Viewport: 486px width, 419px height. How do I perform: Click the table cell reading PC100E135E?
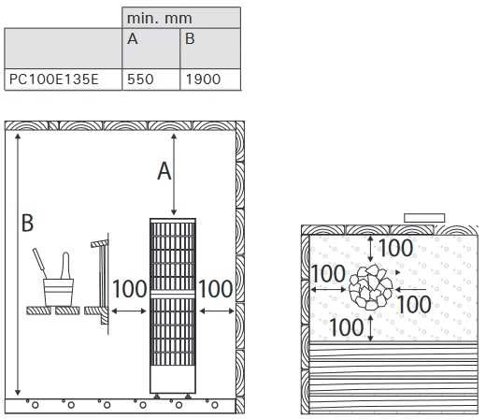click(x=54, y=79)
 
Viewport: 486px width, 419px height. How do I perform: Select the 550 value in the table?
click(x=140, y=79)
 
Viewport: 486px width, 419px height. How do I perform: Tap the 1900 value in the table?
click(x=203, y=79)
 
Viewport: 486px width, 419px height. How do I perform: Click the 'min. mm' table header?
click(x=159, y=19)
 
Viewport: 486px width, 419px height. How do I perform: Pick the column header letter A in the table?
click(x=133, y=38)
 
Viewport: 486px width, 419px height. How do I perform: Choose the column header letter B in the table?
click(x=190, y=38)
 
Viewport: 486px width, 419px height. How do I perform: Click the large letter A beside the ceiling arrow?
click(x=164, y=171)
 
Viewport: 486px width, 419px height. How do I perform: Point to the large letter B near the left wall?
click(x=27, y=223)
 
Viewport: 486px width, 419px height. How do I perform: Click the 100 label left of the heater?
click(x=129, y=289)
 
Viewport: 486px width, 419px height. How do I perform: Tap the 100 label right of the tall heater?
click(x=216, y=289)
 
